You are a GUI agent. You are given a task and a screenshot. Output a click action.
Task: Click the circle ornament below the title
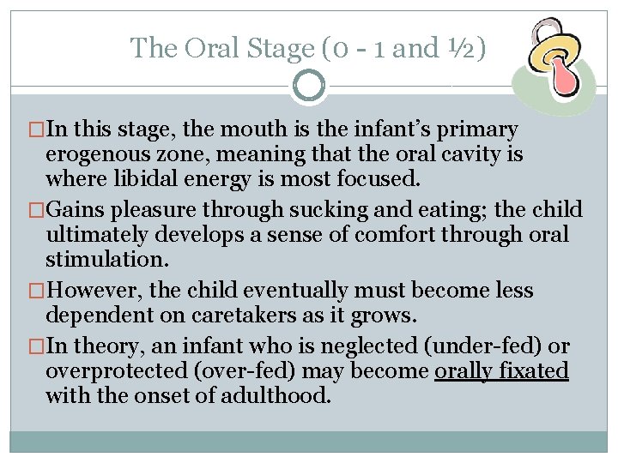pos(309,86)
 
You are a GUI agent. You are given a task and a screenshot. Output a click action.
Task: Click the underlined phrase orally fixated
pos(501,371)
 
